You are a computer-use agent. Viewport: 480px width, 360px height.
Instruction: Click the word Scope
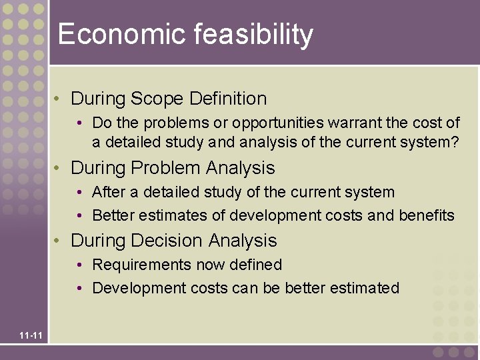(157, 99)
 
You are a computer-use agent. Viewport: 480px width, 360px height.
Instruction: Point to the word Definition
(228, 99)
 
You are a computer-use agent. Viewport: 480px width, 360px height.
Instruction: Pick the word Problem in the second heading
(167, 167)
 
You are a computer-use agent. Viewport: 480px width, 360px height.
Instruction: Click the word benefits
(427, 215)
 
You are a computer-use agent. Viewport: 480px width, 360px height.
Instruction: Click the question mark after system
(455, 141)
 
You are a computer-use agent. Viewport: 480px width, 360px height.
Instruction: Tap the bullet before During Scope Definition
(59, 99)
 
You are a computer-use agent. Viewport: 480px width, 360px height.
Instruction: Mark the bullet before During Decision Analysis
(59, 241)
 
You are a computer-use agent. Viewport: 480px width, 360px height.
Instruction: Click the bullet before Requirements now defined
(79, 265)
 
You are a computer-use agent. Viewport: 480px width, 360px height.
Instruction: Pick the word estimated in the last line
(369, 288)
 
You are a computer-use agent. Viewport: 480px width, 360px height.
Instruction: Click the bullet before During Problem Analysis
(59, 168)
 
